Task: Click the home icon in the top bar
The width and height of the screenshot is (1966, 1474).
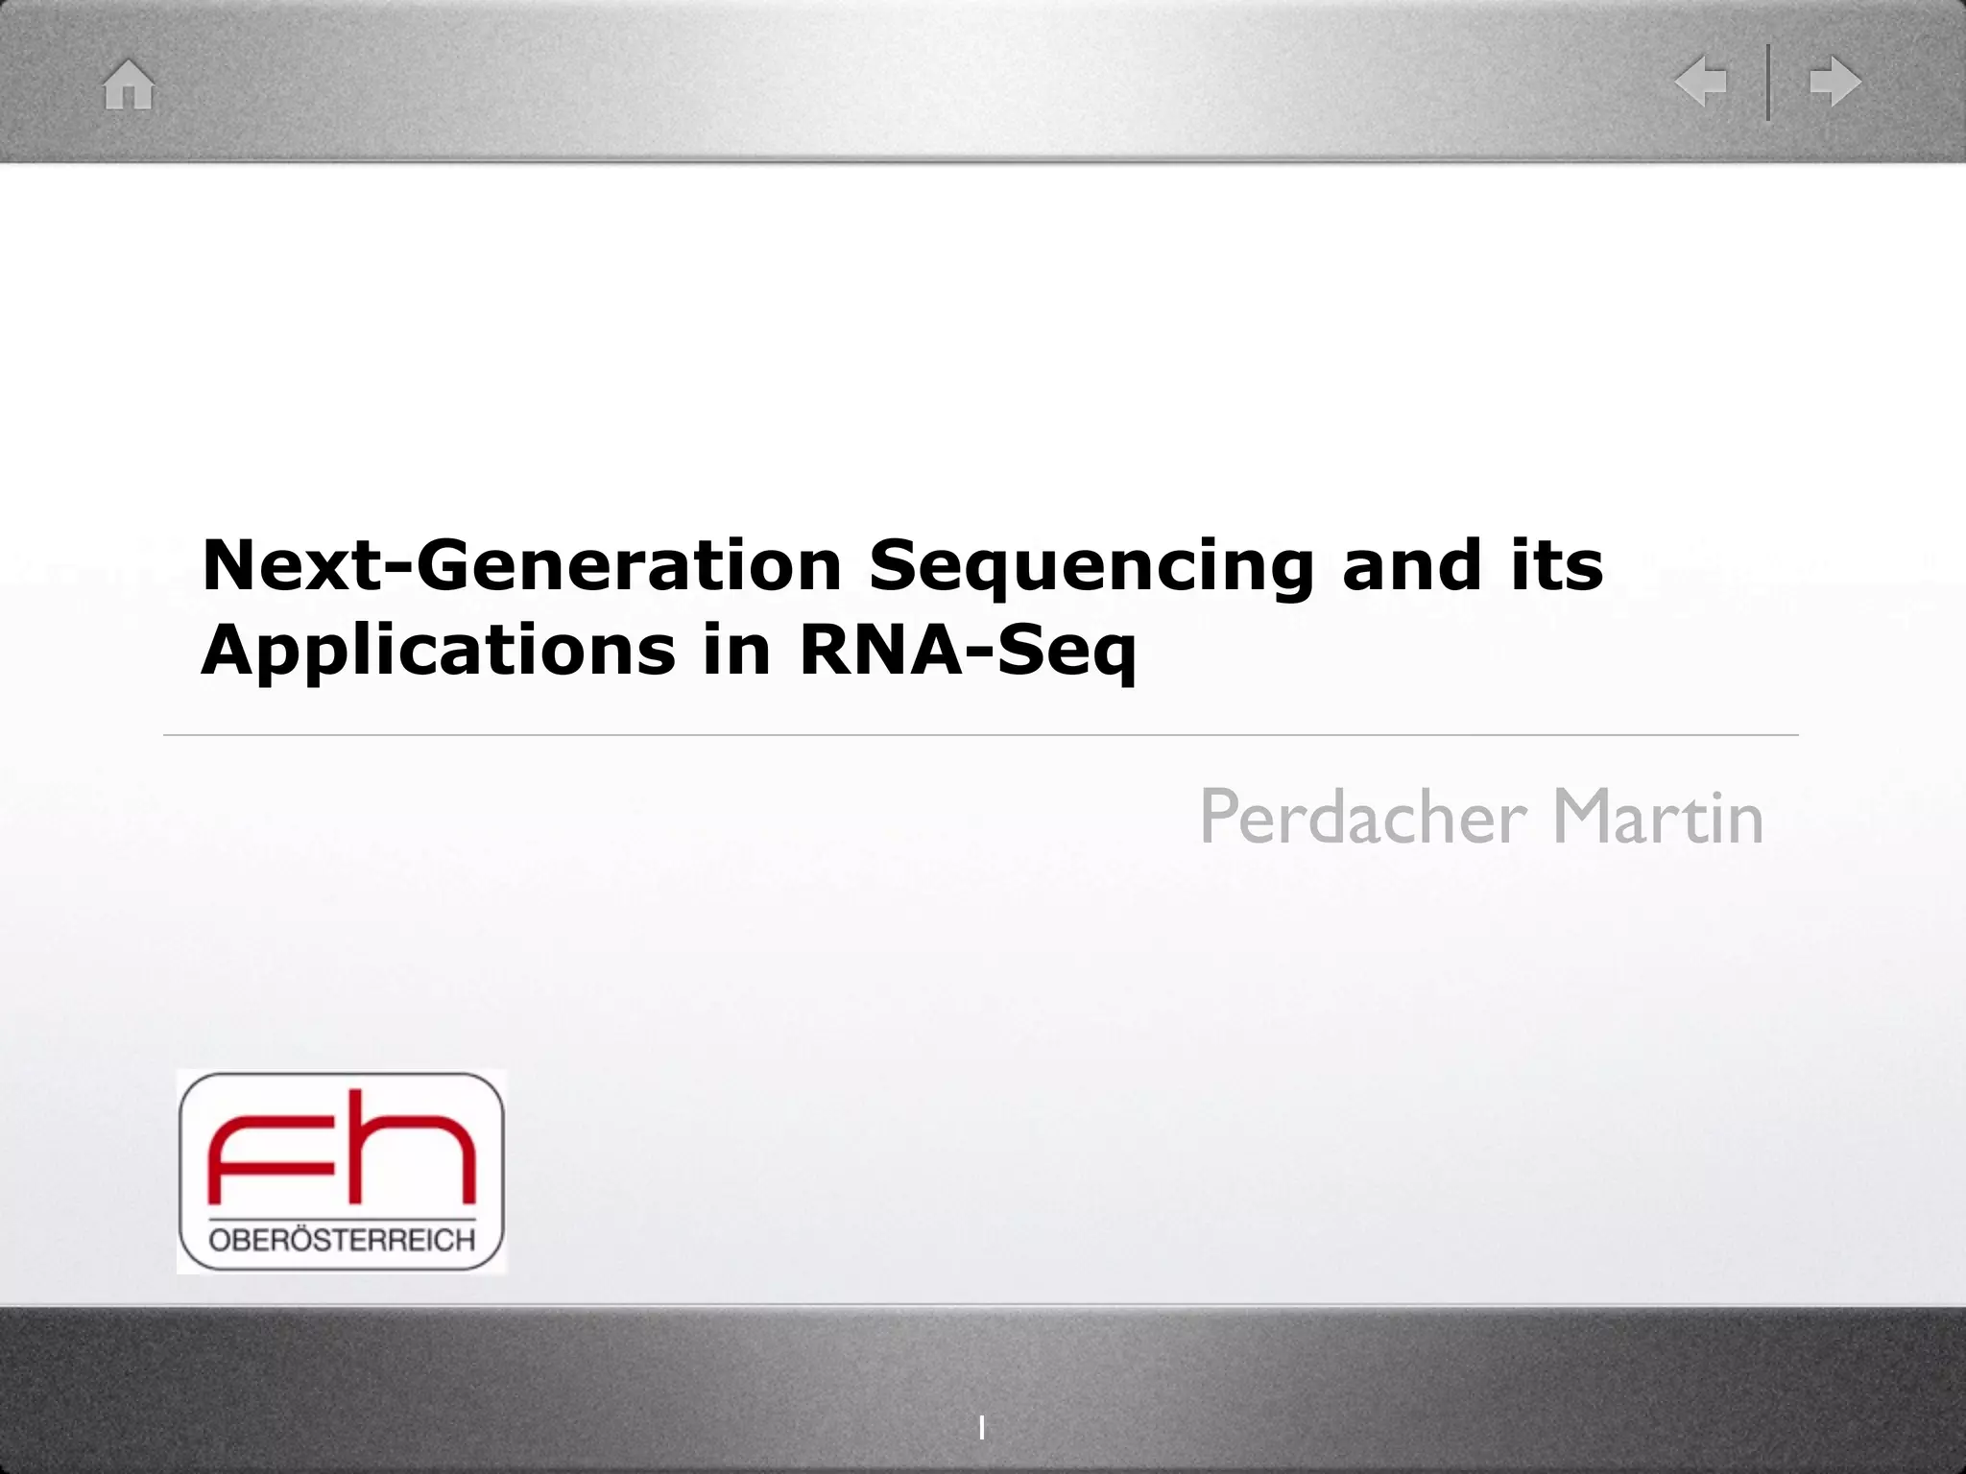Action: pyautogui.click(x=129, y=84)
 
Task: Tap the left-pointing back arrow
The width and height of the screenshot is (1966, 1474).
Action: pyautogui.click(x=1701, y=81)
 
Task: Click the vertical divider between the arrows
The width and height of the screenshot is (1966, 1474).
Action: pyautogui.click(x=1768, y=82)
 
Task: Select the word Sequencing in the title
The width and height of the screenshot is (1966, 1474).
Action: pyautogui.click(x=1091, y=566)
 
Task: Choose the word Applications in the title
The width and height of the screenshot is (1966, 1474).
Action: pyautogui.click(x=438, y=651)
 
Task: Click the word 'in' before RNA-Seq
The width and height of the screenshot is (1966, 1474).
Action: pyautogui.click(x=736, y=649)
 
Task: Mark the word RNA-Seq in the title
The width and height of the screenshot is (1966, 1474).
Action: pyautogui.click(x=968, y=651)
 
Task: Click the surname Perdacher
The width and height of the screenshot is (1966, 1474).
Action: pyautogui.click(x=1362, y=818)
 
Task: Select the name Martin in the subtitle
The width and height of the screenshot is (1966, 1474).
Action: pyautogui.click(x=1658, y=818)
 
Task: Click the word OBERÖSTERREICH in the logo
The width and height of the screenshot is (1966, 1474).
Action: pyautogui.click(x=342, y=1241)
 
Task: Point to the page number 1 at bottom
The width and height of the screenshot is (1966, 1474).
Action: pyautogui.click(x=981, y=1429)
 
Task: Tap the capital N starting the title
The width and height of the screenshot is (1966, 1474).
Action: pyautogui.click(x=228, y=565)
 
